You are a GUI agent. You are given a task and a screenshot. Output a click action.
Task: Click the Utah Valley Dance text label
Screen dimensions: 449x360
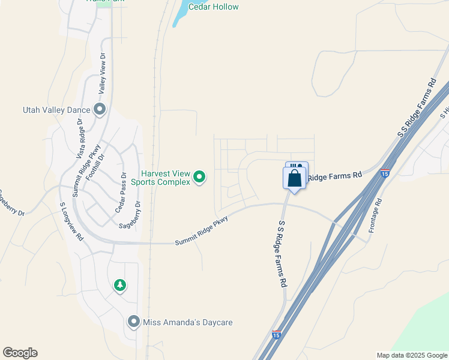(56, 110)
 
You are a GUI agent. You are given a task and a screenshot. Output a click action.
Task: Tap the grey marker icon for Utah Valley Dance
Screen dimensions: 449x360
(100, 109)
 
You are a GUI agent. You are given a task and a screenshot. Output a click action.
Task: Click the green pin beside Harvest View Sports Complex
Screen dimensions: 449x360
(200, 176)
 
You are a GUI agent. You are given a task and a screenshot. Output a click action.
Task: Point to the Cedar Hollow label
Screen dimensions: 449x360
(213, 7)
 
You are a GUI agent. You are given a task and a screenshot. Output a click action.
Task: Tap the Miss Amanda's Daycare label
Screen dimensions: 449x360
(187, 322)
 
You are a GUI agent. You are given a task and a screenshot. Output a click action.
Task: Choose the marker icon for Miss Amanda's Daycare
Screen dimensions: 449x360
(133, 322)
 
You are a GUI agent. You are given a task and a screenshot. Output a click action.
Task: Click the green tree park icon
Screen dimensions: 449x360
(120, 285)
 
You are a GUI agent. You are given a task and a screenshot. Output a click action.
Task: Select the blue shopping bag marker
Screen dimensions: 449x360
(294, 178)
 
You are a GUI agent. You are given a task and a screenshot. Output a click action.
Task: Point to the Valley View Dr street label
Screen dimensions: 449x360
(102, 73)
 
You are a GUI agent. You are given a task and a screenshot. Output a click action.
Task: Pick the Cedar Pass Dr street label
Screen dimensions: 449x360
(124, 193)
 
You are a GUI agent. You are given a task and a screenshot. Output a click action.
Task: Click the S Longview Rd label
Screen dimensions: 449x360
(71, 221)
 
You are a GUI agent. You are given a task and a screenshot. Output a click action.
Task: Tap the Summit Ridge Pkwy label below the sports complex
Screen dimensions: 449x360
(202, 230)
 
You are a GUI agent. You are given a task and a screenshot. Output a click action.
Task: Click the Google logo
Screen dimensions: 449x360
(20, 353)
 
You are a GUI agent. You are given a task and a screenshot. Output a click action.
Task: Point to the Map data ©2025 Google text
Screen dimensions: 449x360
(412, 355)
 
